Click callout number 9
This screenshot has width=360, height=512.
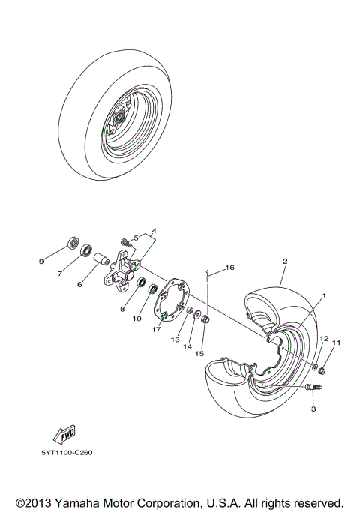[42, 261]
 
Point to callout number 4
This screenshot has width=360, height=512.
[153, 231]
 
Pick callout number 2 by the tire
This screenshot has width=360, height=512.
[284, 262]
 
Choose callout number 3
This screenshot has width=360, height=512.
[313, 410]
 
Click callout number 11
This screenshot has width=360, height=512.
[336, 343]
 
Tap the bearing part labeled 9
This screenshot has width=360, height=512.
[73, 242]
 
